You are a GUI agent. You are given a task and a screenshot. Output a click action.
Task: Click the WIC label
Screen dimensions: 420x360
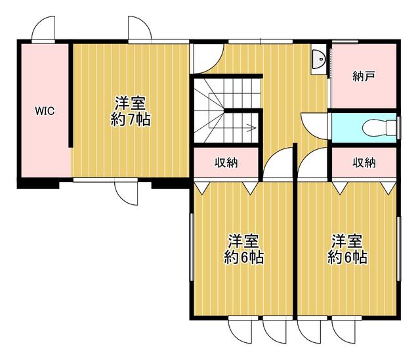click(45, 111)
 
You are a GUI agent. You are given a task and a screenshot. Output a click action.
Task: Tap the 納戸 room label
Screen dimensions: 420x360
click(364, 76)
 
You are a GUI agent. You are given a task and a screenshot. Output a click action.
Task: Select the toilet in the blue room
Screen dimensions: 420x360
click(379, 127)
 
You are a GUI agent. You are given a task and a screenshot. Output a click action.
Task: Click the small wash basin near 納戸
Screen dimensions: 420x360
click(318, 59)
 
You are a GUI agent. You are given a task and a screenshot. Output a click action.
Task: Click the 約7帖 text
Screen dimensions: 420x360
click(131, 120)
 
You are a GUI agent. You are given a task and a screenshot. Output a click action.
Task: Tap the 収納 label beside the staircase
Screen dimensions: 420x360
click(226, 162)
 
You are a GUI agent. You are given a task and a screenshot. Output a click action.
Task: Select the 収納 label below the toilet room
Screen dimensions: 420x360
click(364, 162)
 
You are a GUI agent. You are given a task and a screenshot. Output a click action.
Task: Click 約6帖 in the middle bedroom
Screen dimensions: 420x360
click(243, 257)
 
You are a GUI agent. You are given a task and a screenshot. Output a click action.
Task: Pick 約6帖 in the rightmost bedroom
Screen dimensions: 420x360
click(347, 257)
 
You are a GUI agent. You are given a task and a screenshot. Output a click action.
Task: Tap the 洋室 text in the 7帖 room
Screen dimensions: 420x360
click(131, 104)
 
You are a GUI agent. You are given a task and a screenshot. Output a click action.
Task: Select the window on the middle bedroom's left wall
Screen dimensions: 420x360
click(192, 247)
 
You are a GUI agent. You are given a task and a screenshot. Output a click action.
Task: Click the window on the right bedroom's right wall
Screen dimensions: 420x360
click(398, 249)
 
